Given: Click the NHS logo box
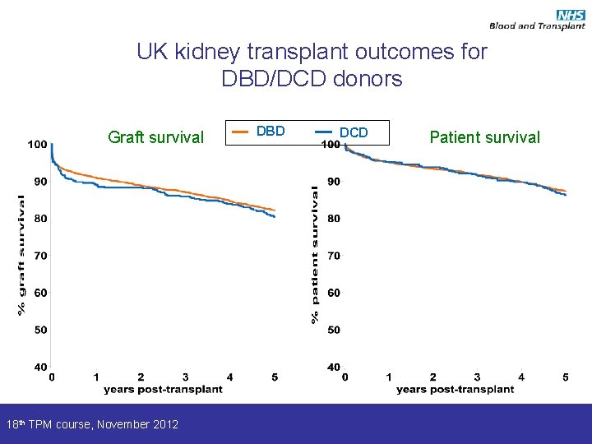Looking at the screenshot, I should (x=570, y=14).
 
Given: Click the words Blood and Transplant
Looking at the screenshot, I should (x=537, y=26).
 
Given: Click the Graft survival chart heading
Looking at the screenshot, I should (x=155, y=137).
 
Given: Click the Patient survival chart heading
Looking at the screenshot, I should (x=484, y=137).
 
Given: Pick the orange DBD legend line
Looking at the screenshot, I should (x=241, y=131).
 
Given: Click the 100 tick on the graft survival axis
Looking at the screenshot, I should (x=37, y=145).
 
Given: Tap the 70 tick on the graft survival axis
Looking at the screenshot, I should (x=39, y=256).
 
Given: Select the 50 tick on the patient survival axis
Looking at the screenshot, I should (x=333, y=330).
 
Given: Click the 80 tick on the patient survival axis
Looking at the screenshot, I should (x=333, y=219).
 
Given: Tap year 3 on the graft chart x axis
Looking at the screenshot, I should (x=185, y=377).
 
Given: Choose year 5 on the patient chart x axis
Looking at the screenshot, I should (x=566, y=377).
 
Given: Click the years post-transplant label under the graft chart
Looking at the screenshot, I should (x=164, y=389).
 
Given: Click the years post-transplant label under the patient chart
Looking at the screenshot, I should (x=455, y=389).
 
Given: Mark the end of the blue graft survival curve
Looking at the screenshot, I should (x=274, y=217).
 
